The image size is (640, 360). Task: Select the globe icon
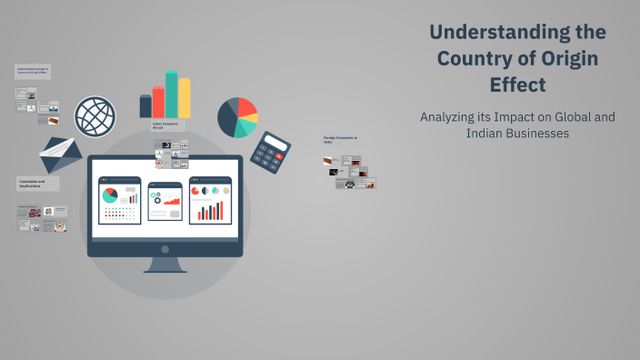(95, 117)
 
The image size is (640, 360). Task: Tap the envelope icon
(60, 155)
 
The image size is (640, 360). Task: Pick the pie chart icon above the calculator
(237, 117)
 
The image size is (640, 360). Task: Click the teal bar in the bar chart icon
(171, 95)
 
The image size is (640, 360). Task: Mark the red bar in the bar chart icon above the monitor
(158, 102)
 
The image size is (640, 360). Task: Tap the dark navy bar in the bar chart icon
(145, 106)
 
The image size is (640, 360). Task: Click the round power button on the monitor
(165, 248)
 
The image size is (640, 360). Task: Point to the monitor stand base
(165, 269)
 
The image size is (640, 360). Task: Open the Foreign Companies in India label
(340, 140)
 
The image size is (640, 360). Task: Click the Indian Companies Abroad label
(164, 126)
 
